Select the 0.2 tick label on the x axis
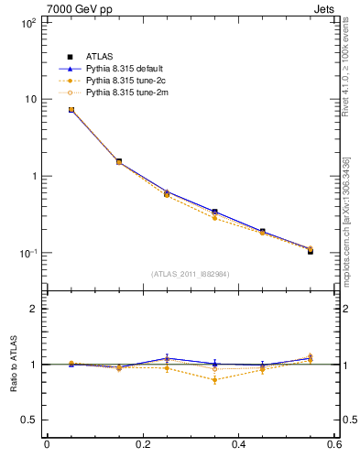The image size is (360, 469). pos(143,444)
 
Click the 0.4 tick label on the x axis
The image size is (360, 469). pos(239,444)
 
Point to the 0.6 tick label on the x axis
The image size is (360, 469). pos(334,444)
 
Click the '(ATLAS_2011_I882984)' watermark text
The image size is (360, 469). pos(191,274)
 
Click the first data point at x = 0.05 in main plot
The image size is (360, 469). pos(71,109)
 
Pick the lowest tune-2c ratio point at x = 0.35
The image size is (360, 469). pos(214,379)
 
